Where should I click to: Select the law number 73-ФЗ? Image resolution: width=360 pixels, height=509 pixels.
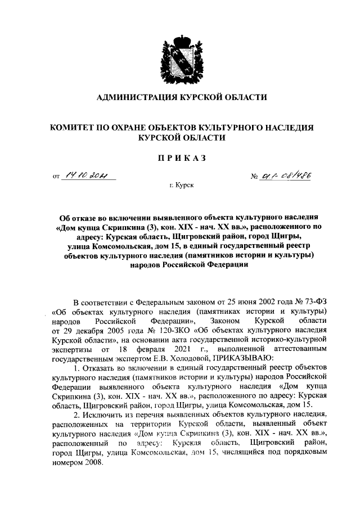point(314,301)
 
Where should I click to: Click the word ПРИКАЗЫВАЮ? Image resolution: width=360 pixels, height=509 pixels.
point(245,358)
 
